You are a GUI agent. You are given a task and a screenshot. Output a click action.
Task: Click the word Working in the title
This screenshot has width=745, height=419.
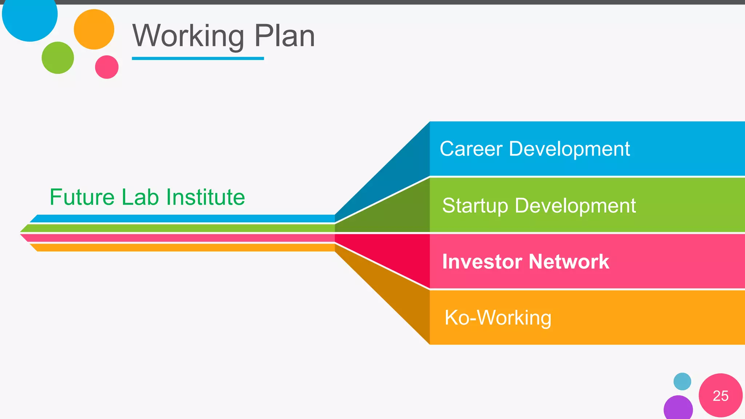pyautogui.click(x=188, y=36)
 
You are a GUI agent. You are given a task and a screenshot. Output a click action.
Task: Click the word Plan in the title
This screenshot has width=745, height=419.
pyautogui.click(x=284, y=36)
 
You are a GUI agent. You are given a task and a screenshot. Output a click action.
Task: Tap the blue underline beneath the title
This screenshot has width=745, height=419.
pyautogui.click(x=198, y=58)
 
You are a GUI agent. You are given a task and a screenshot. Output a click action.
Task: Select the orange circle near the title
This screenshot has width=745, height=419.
pyautogui.click(x=94, y=29)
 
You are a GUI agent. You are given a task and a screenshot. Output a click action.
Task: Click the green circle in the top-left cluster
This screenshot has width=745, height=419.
pyautogui.click(x=58, y=58)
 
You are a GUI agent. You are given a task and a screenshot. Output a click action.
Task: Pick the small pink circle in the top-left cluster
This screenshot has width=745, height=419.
pyautogui.click(x=107, y=67)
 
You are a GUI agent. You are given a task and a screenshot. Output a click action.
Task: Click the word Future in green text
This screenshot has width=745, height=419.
pyautogui.click(x=82, y=197)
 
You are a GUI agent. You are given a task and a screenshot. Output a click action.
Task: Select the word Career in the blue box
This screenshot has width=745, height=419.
pyautogui.click(x=471, y=149)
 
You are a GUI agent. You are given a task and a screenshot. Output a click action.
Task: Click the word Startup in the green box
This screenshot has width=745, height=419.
pyautogui.click(x=475, y=206)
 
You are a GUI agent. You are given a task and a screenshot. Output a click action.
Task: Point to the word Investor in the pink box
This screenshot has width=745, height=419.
pyautogui.click(x=482, y=262)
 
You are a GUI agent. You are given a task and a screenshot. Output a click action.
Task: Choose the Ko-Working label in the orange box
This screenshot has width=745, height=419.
pyautogui.click(x=498, y=318)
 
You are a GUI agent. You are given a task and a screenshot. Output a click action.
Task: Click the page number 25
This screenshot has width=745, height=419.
pyautogui.click(x=721, y=396)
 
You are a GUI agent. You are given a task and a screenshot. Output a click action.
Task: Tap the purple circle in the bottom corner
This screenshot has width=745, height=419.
pyautogui.click(x=678, y=408)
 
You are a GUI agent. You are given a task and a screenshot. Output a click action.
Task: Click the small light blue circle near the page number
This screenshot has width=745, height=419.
pyautogui.click(x=682, y=382)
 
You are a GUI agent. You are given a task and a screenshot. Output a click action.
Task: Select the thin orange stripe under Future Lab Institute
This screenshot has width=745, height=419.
pyautogui.click(x=182, y=248)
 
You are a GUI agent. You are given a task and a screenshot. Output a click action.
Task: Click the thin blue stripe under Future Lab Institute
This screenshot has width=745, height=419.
pyautogui.click(x=182, y=219)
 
